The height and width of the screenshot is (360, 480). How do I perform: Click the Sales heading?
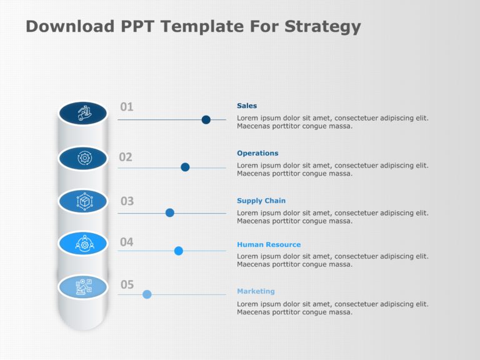247,106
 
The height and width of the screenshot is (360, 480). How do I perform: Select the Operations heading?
257,153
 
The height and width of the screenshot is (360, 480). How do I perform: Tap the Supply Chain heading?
261,201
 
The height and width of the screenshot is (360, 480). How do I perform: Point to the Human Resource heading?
269,244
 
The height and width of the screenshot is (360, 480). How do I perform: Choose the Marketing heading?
256,291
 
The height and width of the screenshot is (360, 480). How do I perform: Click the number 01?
127,107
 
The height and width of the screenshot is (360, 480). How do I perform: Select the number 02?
126,157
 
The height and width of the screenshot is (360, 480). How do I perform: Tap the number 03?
127,201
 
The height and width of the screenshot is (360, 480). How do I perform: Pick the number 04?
127,242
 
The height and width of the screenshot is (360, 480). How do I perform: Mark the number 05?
127,285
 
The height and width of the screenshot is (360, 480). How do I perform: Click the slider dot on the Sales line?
206,119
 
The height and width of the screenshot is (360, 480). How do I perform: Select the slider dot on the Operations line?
185,167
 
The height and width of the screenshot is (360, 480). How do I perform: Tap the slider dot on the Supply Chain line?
169,212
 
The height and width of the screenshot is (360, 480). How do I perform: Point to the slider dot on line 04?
179,251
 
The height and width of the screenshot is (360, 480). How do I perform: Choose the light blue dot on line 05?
147,294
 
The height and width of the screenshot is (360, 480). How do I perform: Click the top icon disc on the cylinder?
83,113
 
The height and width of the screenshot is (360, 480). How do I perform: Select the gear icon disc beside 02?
83,158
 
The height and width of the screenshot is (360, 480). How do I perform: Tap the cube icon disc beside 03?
83,201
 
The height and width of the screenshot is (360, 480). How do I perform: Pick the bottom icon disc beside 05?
83,287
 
